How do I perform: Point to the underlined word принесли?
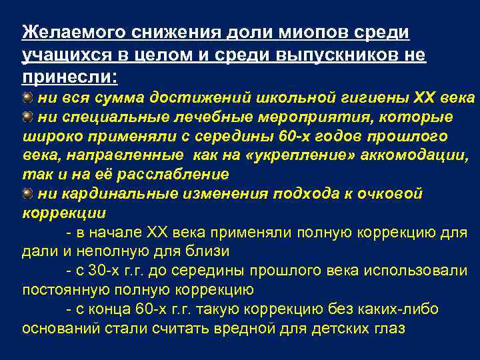coord(69,77)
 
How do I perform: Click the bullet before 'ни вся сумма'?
coord(27,98)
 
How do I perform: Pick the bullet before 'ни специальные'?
coord(27,117)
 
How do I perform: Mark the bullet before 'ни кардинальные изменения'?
coord(27,193)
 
